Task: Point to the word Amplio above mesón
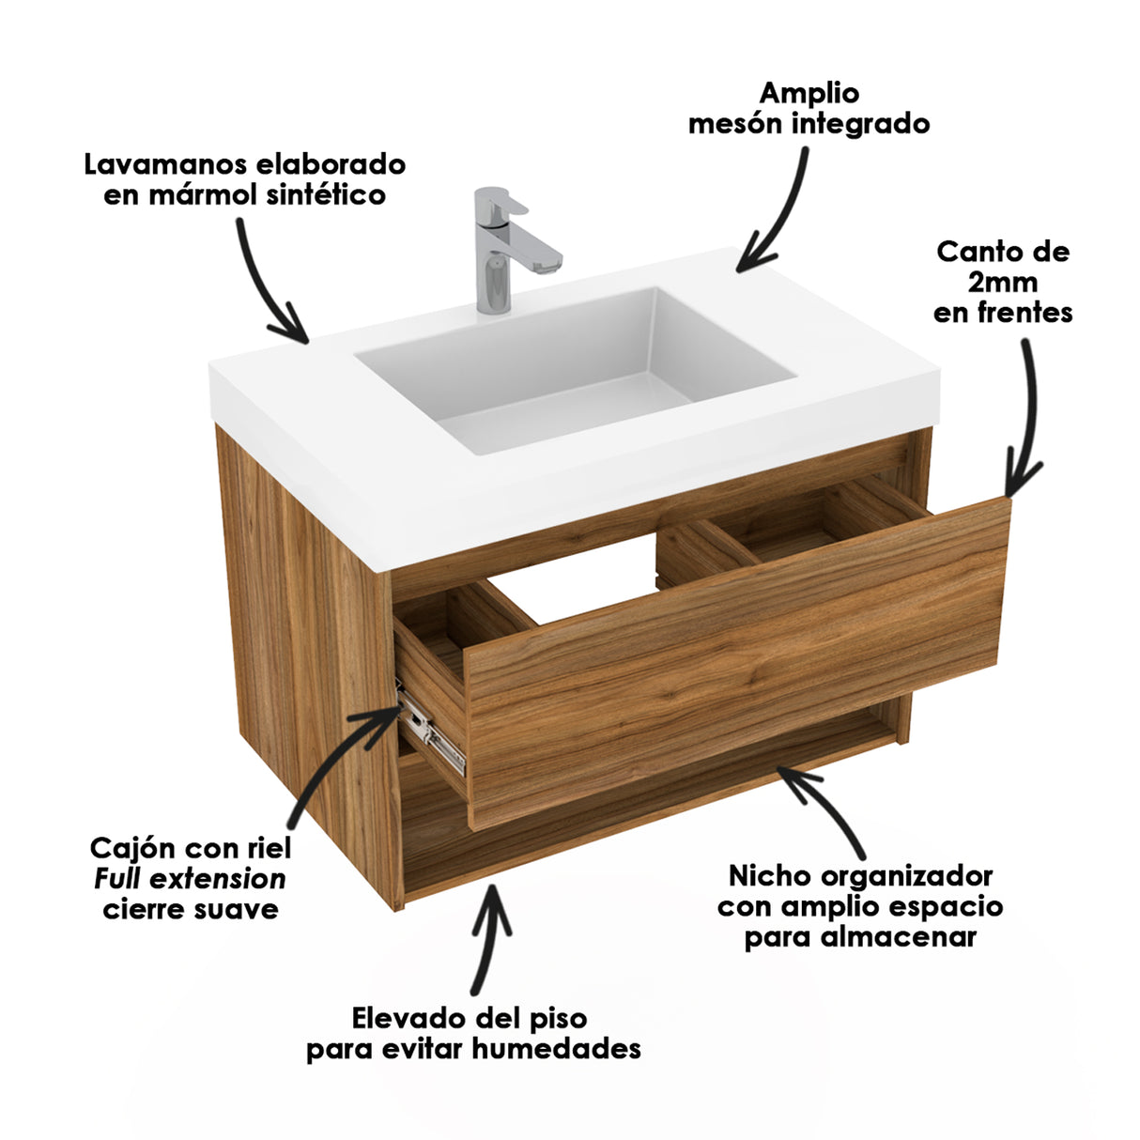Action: [x=809, y=93]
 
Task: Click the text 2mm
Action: [x=1003, y=282]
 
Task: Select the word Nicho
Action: [x=770, y=876]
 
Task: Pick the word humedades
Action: [x=556, y=1048]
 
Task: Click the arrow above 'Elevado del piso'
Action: [x=488, y=939]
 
